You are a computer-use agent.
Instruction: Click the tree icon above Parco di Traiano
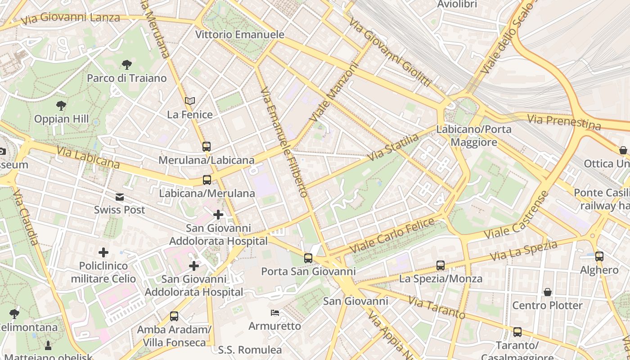point(127,65)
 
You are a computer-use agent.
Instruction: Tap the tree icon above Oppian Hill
point(61,106)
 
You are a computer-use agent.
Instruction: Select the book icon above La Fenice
point(190,101)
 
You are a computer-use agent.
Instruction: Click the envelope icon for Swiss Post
point(120,197)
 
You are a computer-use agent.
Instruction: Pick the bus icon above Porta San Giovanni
point(308,258)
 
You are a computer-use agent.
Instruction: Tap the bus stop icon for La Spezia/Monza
point(441,265)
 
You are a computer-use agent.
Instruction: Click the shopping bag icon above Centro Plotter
point(548,292)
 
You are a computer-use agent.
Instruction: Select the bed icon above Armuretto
point(274,313)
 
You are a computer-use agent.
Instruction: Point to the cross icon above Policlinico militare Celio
point(103,252)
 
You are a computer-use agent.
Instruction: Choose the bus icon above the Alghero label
point(599,256)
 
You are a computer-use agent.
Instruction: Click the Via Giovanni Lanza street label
point(71,18)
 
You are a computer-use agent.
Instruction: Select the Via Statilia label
point(393,147)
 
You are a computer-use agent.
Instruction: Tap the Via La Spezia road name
point(523,251)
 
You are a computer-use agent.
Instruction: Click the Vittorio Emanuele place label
point(240,35)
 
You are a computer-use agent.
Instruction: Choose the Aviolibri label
point(457,4)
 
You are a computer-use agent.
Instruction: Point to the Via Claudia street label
point(26,217)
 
